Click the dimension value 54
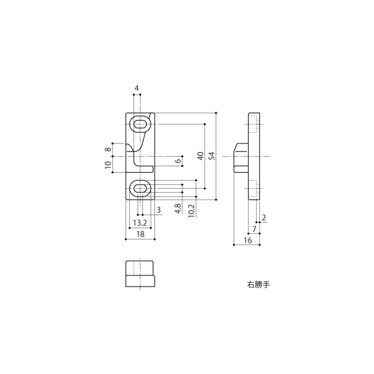pos(212,156)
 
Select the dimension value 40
pos(201,156)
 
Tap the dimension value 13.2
pos(140,223)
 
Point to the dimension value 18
pos(140,234)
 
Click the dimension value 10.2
pos(192,211)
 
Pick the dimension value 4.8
pos(178,209)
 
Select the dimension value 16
pos(248,241)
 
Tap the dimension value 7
pos(254,229)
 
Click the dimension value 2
pos(264,217)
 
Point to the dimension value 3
pos(159,210)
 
